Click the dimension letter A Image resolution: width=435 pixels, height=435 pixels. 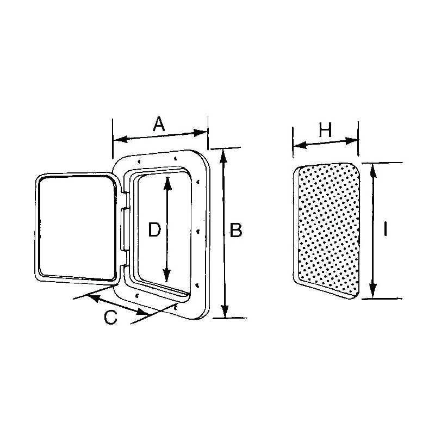coord(158,125)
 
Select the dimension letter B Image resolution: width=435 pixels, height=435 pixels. coord(236,231)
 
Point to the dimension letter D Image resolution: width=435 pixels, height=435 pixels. coord(154,231)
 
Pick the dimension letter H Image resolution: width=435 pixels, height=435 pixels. coord(325,130)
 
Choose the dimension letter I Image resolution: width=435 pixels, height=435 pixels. coord(384,231)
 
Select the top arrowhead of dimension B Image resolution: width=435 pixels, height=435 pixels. coord(223,154)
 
